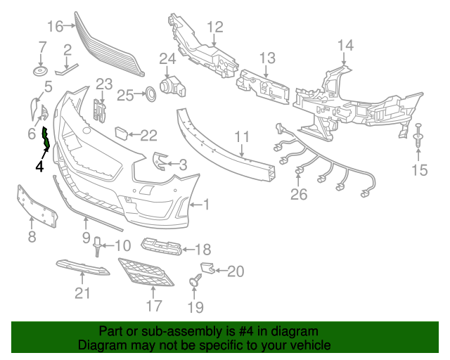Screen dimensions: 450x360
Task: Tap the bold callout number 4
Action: coord(39,167)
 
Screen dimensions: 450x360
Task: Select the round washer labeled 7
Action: coord(40,71)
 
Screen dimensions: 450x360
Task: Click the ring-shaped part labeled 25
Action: coord(150,94)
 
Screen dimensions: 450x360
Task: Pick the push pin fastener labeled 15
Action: coord(418,136)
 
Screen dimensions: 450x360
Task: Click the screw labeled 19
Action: coord(195,280)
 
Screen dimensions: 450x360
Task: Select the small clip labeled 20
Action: coord(207,268)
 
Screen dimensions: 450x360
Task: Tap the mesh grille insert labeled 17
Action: coord(146,272)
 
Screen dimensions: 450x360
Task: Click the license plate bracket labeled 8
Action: coord(37,206)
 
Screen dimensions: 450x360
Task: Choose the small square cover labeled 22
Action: coord(122,134)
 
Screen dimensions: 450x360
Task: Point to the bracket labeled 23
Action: coord(99,110)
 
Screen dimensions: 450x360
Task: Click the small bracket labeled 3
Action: coord(159,162)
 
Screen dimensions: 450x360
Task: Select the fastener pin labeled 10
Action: coord(97,247)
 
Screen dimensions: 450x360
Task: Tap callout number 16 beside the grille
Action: coord(55,27)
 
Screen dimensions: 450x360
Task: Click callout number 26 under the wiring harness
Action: coord(299,194)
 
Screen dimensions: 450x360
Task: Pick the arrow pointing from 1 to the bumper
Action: coord(195,205)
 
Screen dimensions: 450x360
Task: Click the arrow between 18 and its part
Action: coord(188,250)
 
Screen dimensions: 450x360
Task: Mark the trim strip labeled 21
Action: coord(83,267)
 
